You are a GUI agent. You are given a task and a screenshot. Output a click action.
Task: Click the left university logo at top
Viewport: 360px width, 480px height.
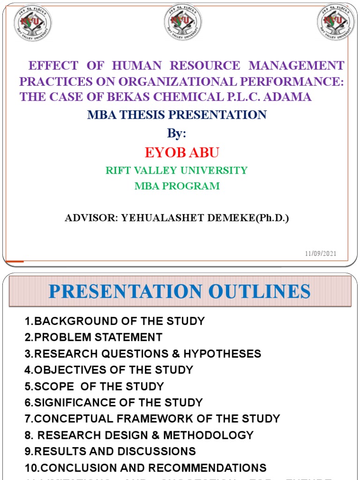tap(33, 22)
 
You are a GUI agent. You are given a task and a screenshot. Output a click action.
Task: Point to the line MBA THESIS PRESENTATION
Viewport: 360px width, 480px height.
tap(177, 115)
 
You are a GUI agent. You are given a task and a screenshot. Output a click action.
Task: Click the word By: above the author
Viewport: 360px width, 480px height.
tap(177, 134)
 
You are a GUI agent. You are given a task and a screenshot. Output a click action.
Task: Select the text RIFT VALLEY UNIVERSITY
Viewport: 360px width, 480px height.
tap(177, 171)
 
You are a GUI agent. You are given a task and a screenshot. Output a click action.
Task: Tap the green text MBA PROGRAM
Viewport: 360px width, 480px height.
tap(177, 186)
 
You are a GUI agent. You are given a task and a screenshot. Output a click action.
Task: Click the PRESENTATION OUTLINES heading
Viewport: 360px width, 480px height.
tap(180, 292)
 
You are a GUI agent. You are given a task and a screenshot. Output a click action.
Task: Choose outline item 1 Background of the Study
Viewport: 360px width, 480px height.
tap(115, 322)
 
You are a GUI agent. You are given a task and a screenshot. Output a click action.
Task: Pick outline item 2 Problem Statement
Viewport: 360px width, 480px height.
tap(94, 337)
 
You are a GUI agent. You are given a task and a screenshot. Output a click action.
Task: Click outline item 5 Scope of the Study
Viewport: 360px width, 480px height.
tap(94, 387)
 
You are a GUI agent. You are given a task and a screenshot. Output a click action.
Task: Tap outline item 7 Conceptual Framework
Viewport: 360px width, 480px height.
tap(152, 419)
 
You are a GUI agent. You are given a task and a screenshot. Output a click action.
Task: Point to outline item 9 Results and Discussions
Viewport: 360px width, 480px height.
tap(110, 452)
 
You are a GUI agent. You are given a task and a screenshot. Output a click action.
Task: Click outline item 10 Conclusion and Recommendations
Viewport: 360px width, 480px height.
tap(145, 468)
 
